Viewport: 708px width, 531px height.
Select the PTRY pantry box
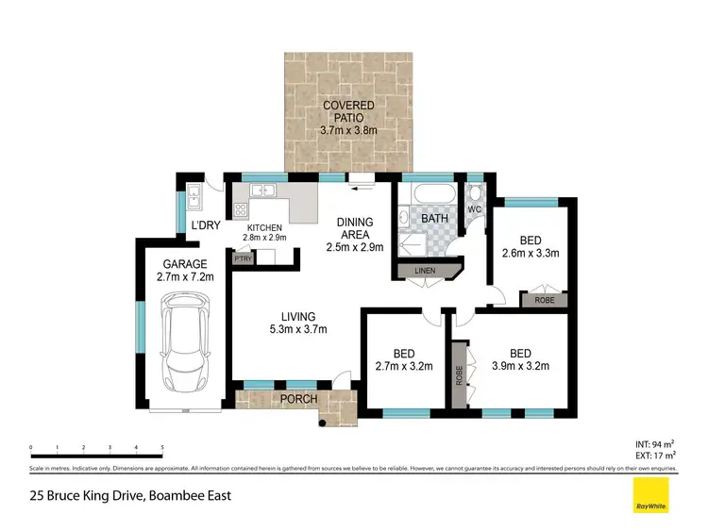(242, 257)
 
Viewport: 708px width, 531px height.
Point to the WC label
(474, 208)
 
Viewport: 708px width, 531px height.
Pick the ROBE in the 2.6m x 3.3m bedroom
(543, 299)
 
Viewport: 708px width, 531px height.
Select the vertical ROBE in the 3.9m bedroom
(460, 373)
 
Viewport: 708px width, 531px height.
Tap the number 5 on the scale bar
(162, 448)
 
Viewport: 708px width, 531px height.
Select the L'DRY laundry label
(205, 226)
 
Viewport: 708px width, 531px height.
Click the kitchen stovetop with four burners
(241, 210)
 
